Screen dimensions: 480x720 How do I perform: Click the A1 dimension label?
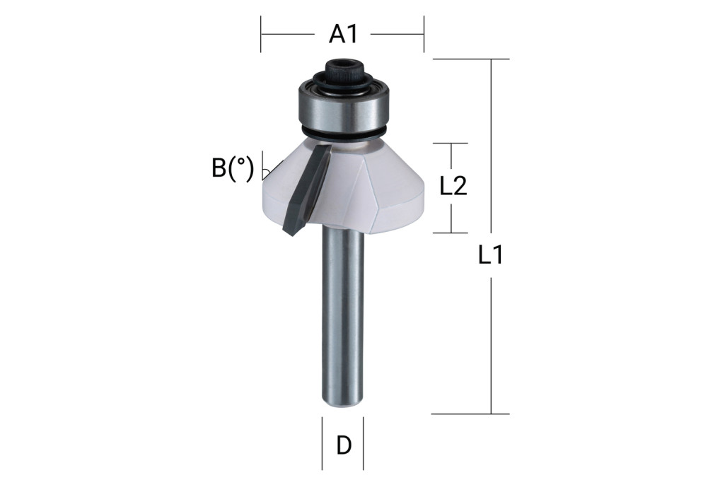tap(342, 33)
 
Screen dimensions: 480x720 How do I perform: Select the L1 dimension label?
tap(490, 254)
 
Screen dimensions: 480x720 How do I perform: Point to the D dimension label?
tap(344, 445)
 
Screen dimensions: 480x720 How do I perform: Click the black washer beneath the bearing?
tap(342, 134)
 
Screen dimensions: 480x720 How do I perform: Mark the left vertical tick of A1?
tap(261, 34)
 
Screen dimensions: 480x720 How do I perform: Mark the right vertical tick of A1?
tap(424, 34)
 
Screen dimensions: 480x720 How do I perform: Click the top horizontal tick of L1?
tap(470, 59)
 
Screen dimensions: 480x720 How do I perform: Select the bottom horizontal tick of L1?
tap(470, 414)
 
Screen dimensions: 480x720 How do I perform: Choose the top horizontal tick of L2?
tap(451, 144)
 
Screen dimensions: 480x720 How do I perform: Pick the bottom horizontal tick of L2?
tap(451, 233)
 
